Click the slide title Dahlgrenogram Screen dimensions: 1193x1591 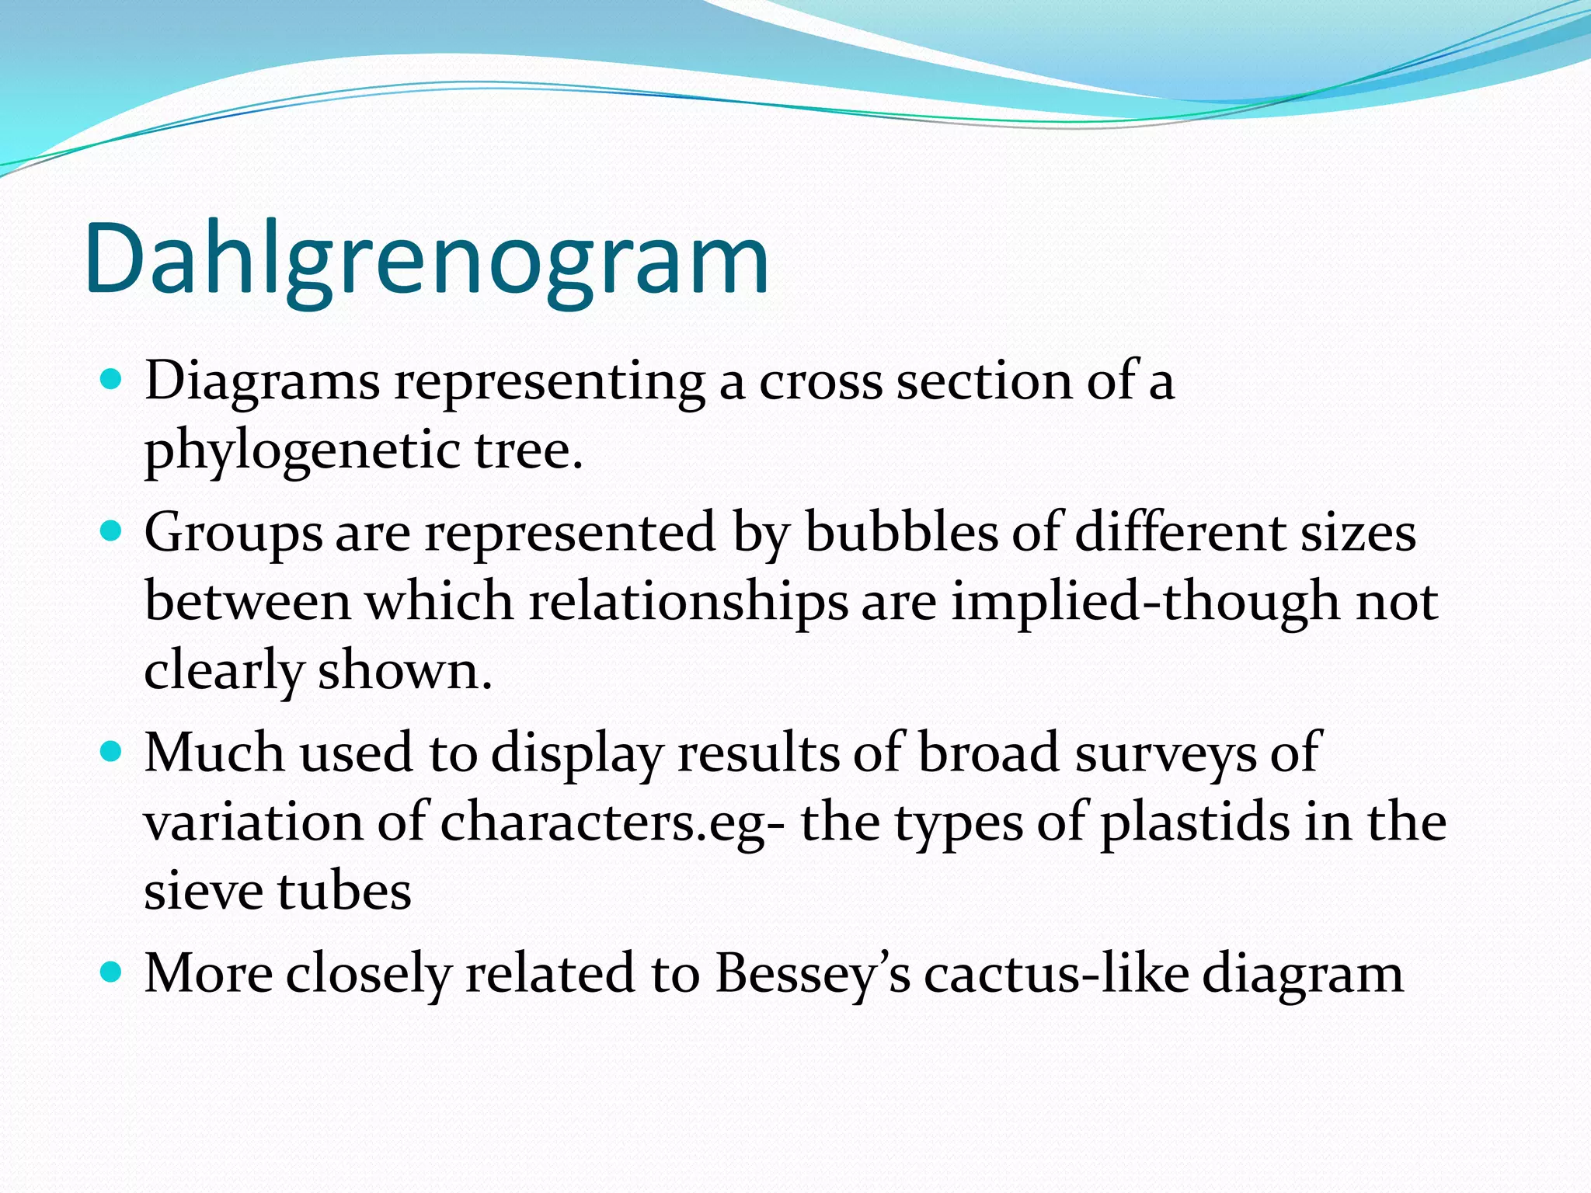426,259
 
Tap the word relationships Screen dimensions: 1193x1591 688,601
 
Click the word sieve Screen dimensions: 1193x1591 203,891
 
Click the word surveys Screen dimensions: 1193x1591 1165,753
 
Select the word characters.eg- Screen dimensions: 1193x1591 614,823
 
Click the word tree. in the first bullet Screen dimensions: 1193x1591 528,450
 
